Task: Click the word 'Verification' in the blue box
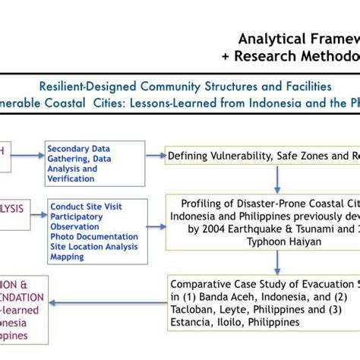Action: [x=71, y=179]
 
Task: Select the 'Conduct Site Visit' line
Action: [x=86, y=206]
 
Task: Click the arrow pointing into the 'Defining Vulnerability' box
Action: [x=156, y=155]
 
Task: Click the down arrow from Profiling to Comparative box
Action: [x=277, y=261]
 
